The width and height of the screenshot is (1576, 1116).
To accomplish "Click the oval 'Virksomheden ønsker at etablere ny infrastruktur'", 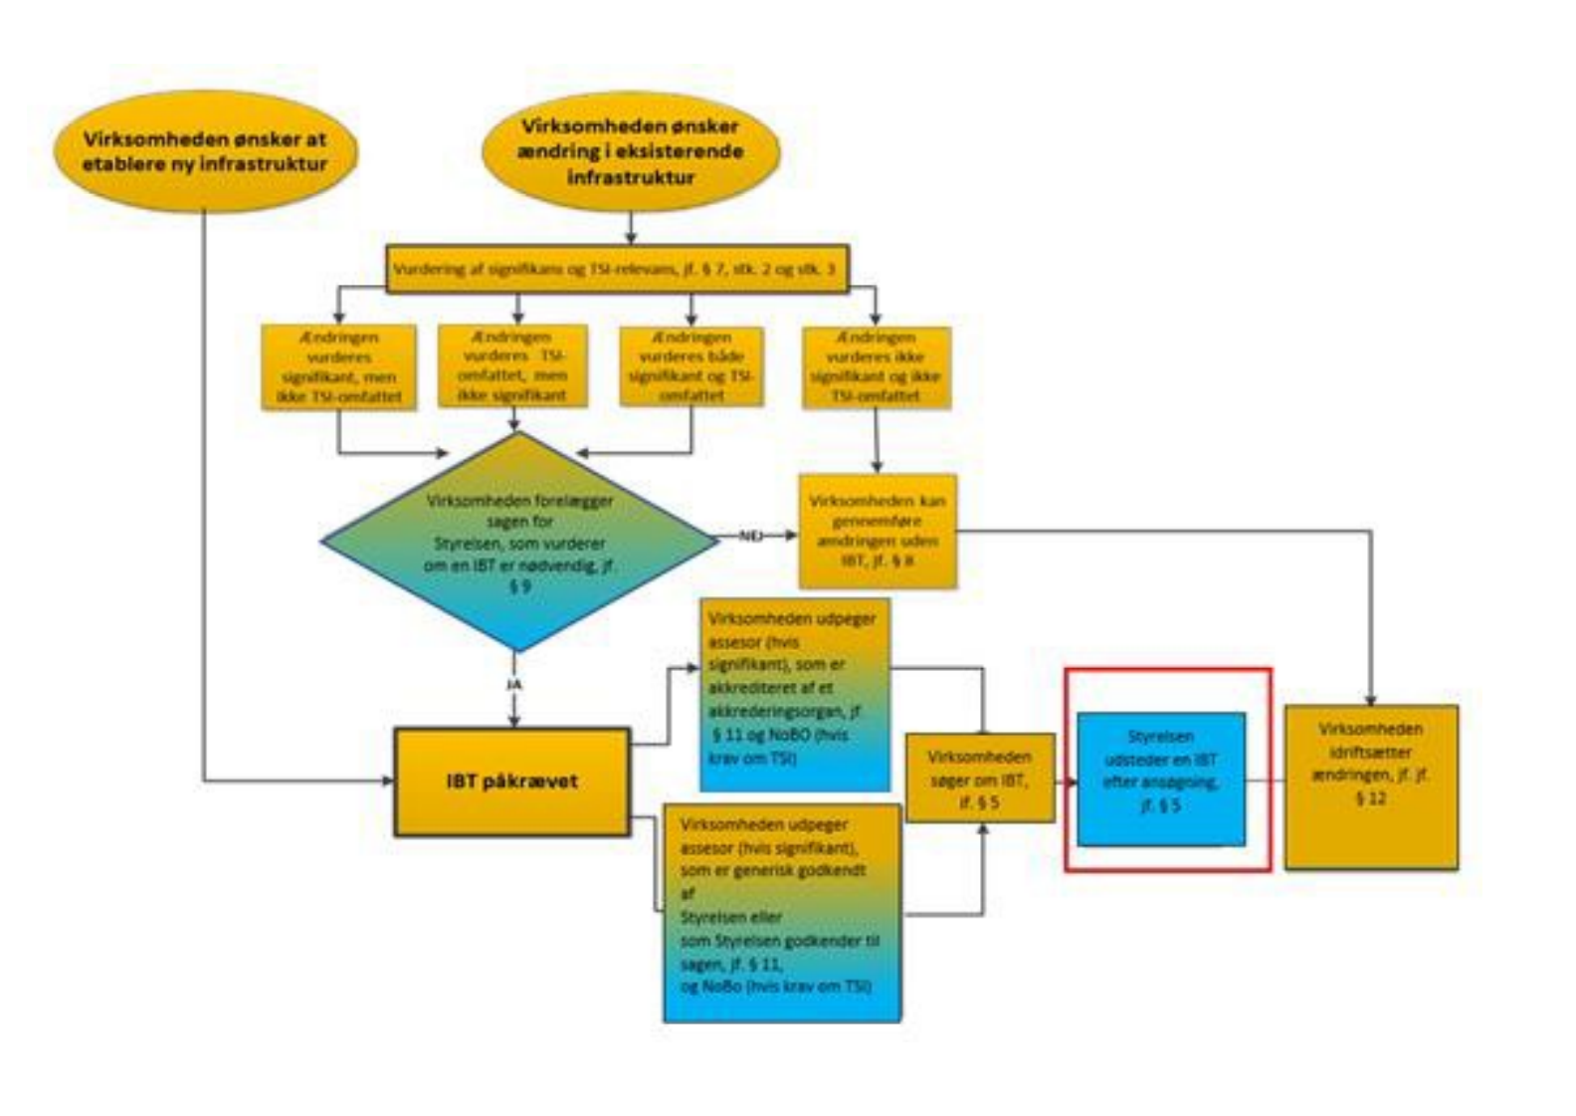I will pyautogui.click(x=205, y=152).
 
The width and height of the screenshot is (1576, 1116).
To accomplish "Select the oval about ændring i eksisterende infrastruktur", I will pyautogui.click(x=631, y=152).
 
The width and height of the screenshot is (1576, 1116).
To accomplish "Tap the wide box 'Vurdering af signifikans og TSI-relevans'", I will pyautogui.click(x=617, y=270).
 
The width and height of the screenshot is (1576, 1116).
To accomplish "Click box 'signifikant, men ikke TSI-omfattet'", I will pyautogui.click(x=338, y=365).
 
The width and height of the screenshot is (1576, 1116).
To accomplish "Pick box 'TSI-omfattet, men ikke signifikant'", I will pyautogui.click(x=513, y=365).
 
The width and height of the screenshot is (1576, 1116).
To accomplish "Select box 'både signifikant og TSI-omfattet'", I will pyautogui.click(x=691, y=365).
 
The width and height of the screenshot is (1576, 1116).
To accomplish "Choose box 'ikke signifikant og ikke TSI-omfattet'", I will pyautogui.click(x=876, y=365).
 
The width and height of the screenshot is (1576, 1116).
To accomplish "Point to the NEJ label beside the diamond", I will pyautogui.click(x=751, y=536).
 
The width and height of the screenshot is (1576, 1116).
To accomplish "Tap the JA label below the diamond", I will pyautogui.click(x=514, y=685).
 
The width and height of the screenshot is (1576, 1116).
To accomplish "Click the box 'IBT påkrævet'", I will pyautogui.click(x=512, y=781).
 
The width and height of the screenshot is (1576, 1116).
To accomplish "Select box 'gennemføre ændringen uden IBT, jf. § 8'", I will pyautogui.click(x=878, y=531).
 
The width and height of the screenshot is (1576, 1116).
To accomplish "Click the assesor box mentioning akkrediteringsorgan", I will pyautogui.click(x=794, y=694).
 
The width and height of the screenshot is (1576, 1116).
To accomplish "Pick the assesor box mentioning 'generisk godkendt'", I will pyautogui.click(x=782, y=912).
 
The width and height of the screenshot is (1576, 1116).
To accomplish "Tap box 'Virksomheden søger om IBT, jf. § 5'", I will pyautogui.click(x=979, y=778).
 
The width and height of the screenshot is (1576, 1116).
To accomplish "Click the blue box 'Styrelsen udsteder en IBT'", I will pyautogui.click(x=1160, y=780).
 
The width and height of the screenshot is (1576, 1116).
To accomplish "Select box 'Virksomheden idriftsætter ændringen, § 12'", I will pyautogui.click(x=1370, y=786).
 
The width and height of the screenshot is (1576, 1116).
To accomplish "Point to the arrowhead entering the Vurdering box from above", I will pyautogui.click(x=631, y=240).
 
